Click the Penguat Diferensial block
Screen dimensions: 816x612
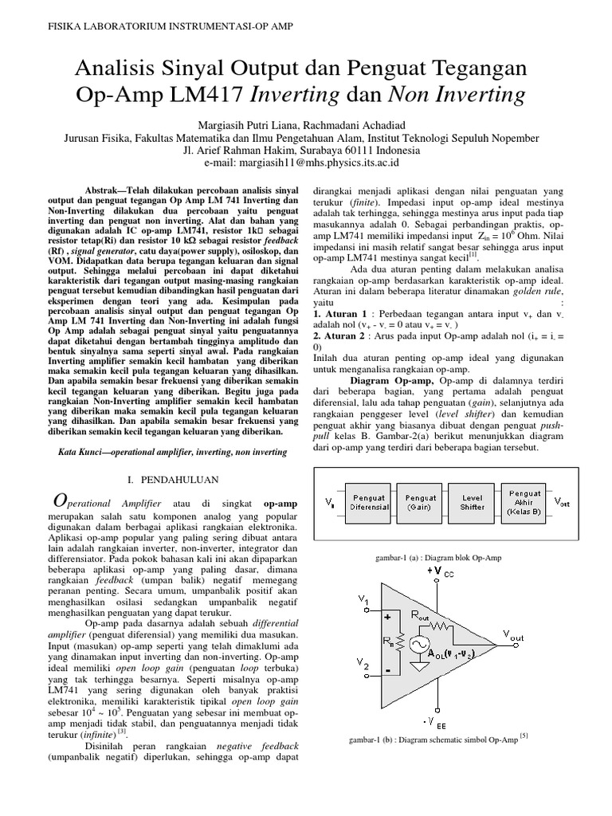coord(369,500)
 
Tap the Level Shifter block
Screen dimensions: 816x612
coord(471,500)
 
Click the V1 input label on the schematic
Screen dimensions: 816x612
coord(363,599)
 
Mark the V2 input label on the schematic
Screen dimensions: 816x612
coord(363,665)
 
